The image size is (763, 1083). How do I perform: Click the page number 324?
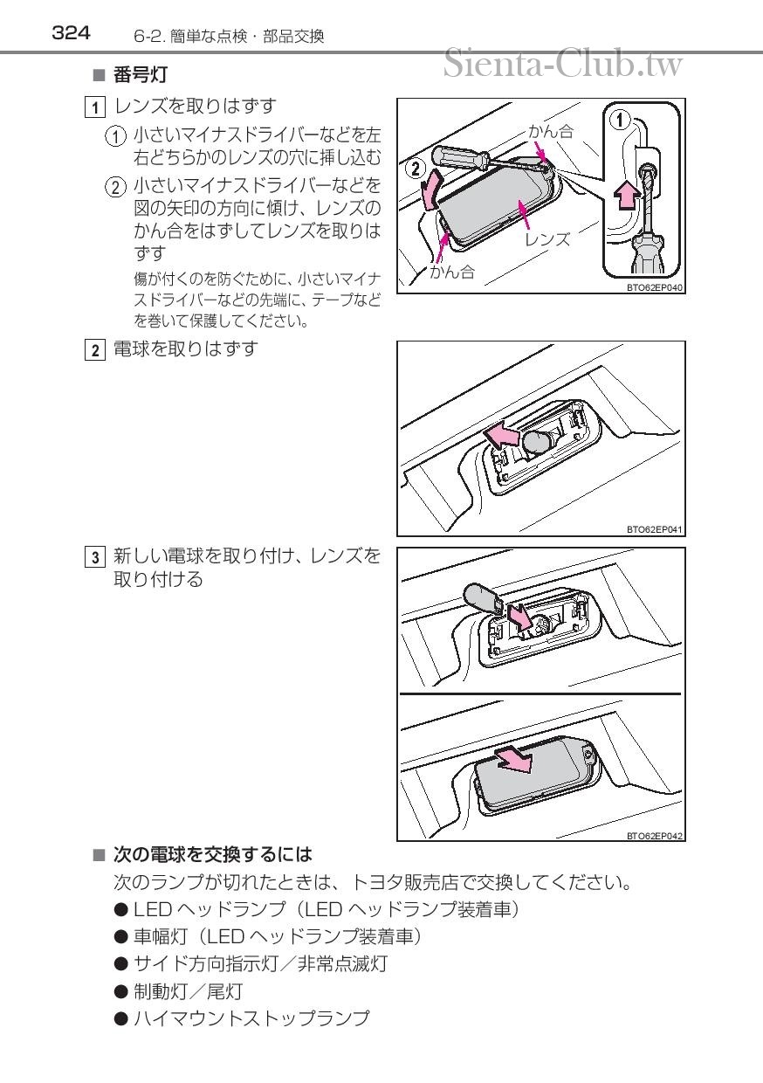point(71,33)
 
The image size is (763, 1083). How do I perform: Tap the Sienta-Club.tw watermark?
point(563,64)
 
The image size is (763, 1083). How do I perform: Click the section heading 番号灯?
point(141,75)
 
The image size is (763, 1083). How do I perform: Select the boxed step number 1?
point(95,107)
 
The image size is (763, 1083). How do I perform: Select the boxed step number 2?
point(95,350)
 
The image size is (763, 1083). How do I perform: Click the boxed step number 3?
point(95,557)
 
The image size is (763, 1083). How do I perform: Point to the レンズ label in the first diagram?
point(547,239)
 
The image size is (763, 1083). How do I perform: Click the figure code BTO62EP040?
point(655,287)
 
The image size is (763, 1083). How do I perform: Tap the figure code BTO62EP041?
point(655,529)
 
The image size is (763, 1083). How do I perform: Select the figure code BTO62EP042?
point(655,836)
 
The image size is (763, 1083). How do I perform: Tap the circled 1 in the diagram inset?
point(620,120)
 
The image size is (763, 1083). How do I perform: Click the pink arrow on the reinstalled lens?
point(514,761)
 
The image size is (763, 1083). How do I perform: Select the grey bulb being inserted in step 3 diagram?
point(480,598)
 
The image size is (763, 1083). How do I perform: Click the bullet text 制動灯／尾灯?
point(188,991)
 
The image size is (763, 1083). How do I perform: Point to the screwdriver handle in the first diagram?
point(459,156)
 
